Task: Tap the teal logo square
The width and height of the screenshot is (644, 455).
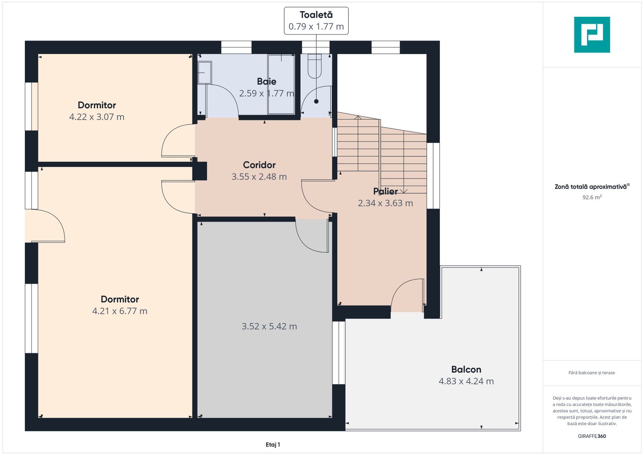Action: pyautogui.click(x=592, y=35)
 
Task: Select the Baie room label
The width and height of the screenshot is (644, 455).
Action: pyautogui.click(x=267, y=81)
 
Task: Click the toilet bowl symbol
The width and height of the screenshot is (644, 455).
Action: pyautogui.click(x=315, y=66)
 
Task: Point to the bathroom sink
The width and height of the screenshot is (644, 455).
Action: pyautogui.click(x=205, y=72)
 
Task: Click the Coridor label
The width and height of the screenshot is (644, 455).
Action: pyautogui.click(x=259, y=165)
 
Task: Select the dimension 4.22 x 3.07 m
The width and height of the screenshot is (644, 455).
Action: pyautogui.click(x=97, y=117)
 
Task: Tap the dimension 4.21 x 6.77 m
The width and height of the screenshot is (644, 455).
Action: pyautogui.click(x=120, y=311)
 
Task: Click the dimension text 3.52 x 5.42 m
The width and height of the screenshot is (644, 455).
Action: pyautogui.click(x=269, y=327)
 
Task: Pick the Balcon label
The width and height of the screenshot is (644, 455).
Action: pyautogui.click(x=466, y=369)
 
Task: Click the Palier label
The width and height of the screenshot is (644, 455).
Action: pyautogui.click(x=385, y=191)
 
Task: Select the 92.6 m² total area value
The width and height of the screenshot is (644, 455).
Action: pyautogui.click(x=592, y=197)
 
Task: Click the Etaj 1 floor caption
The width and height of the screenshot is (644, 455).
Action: pyautogui.click(x=273, y=444)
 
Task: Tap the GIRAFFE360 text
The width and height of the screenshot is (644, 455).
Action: pyautogui.click(x=592, y=436)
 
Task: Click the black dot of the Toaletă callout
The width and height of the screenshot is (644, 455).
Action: pyautogui.click(x=316, y=102)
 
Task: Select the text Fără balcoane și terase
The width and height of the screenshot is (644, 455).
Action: pyautogui.click(x=592, y=373)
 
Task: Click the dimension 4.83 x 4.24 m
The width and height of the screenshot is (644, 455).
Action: pyautogui.click(x=466, y=381)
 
